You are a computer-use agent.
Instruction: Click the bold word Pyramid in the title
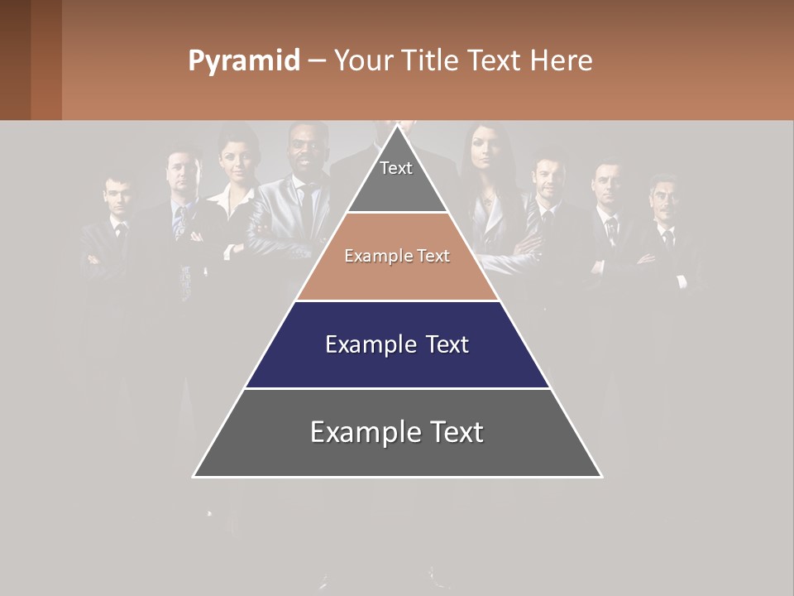[x=243, y=61]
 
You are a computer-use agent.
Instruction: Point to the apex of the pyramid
[x=397, y=127]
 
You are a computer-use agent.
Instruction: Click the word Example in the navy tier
[x=361, y=344]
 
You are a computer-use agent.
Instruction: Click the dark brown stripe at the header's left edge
[x=15, y=60]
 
